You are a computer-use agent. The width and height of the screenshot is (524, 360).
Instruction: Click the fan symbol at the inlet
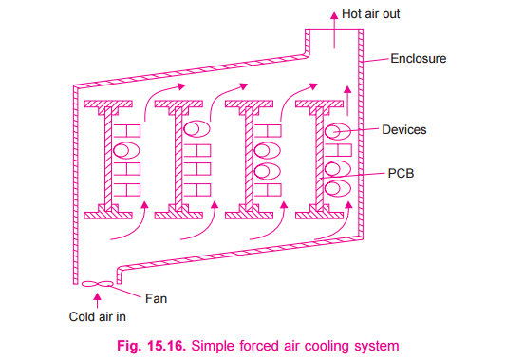[x=97, y=282]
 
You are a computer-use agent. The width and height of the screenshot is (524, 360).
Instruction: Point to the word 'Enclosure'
[x=419, y=58]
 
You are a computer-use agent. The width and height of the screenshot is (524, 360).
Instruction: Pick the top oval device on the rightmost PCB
[x=338, y=130]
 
